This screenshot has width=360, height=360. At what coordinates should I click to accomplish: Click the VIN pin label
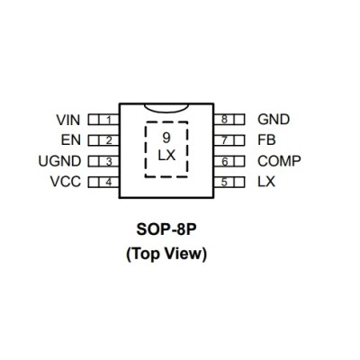(68, 120)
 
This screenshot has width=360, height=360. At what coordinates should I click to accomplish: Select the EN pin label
(71, 140)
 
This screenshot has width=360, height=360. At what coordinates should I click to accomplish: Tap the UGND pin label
(59, 161)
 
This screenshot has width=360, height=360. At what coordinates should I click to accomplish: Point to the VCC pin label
(66, 182)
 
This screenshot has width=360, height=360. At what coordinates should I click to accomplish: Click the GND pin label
(274, 120)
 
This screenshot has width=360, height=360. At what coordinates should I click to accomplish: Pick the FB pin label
(266, 140)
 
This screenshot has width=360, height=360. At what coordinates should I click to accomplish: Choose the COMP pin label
(279, 161)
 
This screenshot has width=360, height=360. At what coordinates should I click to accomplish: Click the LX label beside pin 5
(266, 182)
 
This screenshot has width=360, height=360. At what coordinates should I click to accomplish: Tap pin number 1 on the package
(109, 121)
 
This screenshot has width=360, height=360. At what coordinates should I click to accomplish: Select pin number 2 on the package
(109, 140)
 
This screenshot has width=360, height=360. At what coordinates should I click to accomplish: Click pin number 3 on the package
(109, 162)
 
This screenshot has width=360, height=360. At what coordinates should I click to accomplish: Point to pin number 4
(109, 182)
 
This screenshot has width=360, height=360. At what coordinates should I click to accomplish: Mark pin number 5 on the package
(224, 182)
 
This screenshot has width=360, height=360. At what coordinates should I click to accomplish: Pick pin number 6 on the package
(225, 162)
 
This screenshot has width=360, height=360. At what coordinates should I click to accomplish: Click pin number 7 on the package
(224, 140)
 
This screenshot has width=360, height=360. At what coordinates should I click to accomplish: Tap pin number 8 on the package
(224, 120)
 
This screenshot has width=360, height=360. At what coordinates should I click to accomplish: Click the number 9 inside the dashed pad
(166, 138)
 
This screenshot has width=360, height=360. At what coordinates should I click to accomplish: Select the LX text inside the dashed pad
(166, 156)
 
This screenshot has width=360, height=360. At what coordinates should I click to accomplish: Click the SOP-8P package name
(166, 230)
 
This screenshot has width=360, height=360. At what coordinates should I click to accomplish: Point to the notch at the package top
(166, 112)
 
